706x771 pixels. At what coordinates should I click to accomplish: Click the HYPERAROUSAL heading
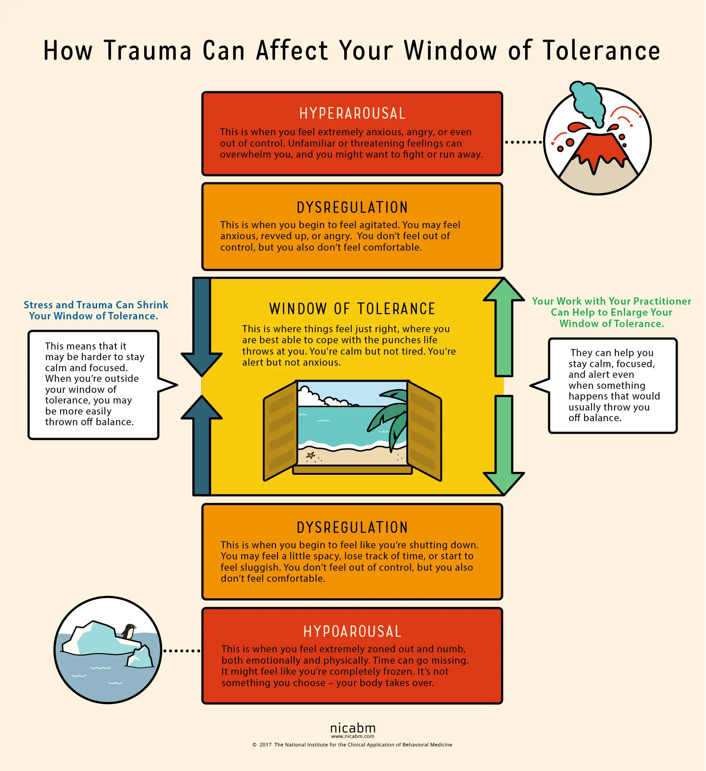click(352, 114)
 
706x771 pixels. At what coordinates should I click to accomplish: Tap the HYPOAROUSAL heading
click(352, 631)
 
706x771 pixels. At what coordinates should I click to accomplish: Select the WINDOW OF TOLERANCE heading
click(352, 309)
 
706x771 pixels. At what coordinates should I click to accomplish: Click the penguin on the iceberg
click(129, 631)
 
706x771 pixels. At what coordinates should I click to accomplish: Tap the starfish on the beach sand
click(310, 455)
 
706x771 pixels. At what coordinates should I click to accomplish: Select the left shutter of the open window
click(281, 431)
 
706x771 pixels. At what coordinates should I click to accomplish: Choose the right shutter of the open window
click(424, 431)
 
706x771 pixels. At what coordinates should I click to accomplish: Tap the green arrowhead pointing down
click(503, 483)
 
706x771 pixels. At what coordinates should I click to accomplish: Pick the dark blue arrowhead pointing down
click(202, 363)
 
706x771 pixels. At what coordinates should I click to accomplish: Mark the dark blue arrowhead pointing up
click(202, 408)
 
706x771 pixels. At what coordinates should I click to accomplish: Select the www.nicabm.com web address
click(352, 736)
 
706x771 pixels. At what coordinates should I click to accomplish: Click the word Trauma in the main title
click(147, 50)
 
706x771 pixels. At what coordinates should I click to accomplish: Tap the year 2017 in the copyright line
click(265, 745)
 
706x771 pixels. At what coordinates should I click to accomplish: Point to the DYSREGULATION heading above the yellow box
click(352, 208)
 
